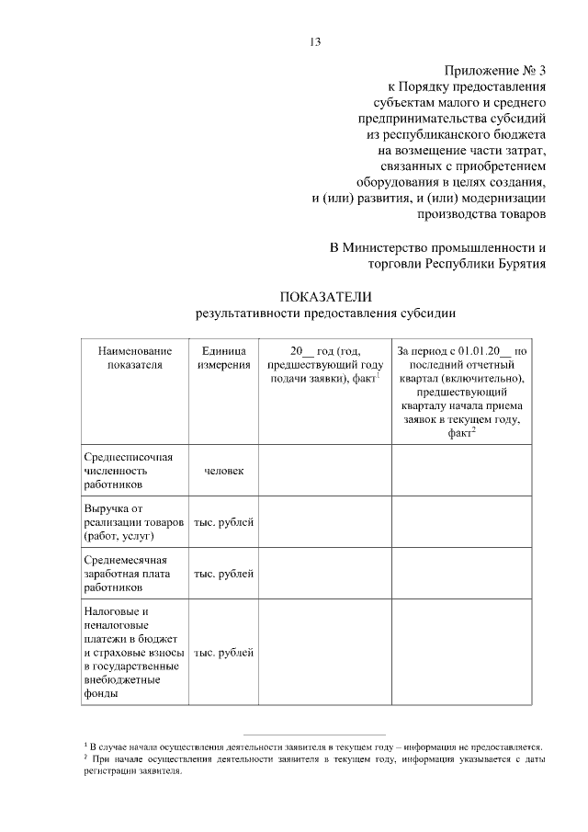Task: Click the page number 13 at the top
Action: tap(315, 41)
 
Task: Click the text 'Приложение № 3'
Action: tap(495, 71)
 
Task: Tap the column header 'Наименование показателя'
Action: tap(134, 357)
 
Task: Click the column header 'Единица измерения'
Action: tap(223, 357)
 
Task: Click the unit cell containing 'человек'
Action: tap(223, 471)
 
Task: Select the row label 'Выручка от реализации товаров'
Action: tap(133, 521)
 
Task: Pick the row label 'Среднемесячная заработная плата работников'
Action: tap(129, 573)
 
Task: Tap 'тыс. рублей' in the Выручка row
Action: tap(223, 522)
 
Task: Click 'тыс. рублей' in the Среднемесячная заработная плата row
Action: tap(223, 574)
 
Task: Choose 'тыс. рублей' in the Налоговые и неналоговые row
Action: tap(223, 653)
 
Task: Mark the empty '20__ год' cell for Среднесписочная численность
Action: tap(324, 471)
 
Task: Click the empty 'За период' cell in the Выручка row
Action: tap(461, 522)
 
